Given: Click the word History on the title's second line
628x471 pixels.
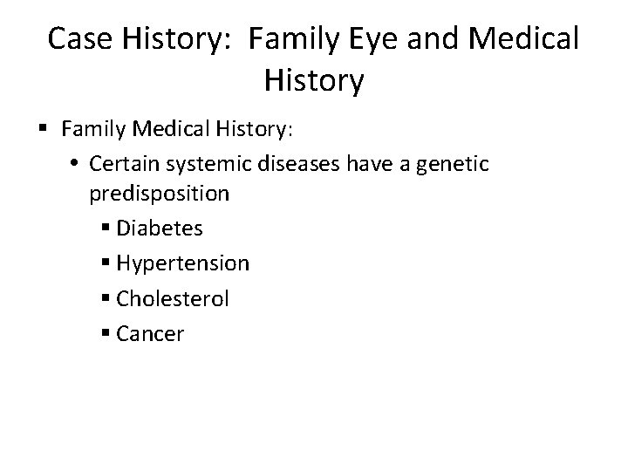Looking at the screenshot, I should (313, 82).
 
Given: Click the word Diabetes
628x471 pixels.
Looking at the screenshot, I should (160, 229).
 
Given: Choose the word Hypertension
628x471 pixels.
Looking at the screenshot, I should (182, 263).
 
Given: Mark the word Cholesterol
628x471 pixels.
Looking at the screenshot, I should (173, 298).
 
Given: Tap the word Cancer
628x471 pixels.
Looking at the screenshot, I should (150, 333).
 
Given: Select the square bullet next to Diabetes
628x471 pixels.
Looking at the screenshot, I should (106, 229).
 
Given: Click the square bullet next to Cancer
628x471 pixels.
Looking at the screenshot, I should (106, 334).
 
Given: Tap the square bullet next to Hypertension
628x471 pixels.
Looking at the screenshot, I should (106, 264).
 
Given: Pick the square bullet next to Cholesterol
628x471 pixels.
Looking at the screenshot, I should (106, 299).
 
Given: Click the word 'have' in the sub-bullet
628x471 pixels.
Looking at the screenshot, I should (413, 163).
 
